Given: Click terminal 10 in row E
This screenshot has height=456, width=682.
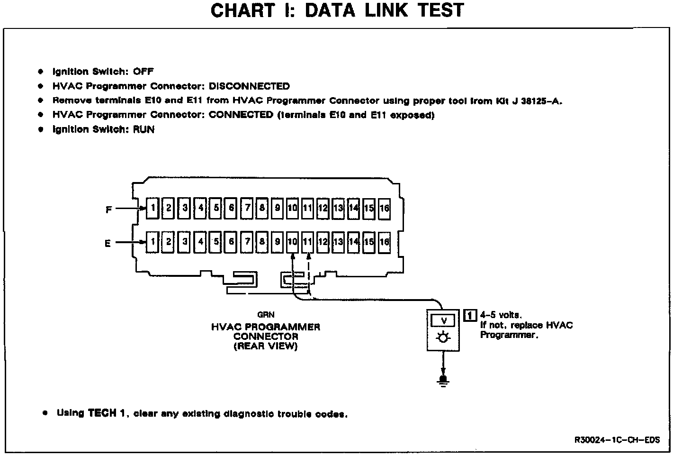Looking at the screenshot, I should click(x=292, y=242).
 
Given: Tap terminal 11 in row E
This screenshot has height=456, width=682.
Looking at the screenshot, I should click(x=308, y=242).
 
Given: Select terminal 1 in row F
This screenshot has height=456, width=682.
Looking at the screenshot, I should click(x=153, y=208).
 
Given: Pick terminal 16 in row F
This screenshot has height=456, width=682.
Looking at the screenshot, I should click(x=384, y=208).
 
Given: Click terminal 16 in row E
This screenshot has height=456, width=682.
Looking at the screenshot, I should click(x=384, y=242).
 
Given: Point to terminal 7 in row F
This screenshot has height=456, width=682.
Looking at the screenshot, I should click(x=247, y=208).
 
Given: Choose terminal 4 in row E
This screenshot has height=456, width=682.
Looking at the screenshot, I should click(x=201, y=242).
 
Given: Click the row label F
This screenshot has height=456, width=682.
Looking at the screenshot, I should click(x=108, y=209).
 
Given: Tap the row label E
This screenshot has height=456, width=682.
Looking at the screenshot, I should click(x=108, y=243).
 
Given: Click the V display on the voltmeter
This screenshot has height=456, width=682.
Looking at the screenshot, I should click(x=443, y=321).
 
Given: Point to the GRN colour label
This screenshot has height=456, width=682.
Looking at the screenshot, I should click(x=266, y=314).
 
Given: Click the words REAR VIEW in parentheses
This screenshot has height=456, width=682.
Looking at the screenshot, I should click(x=265, y=346).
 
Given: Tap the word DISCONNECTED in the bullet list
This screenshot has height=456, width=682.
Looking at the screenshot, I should click(x=249, y=86).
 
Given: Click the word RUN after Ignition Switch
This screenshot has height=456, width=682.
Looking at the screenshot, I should click(x=144, y=129).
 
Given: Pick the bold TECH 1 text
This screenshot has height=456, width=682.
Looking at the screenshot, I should click(x=107, y=413).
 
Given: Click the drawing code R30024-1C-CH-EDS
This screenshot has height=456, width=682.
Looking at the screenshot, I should click(x=617, y=439).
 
